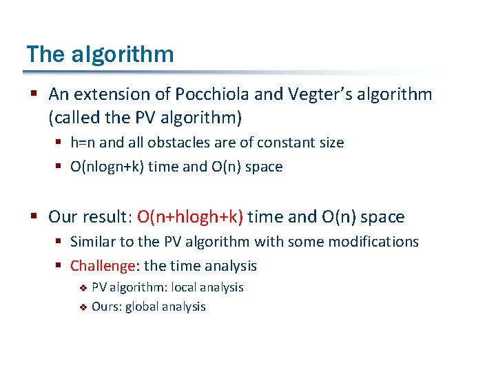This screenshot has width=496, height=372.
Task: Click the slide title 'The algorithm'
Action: pyautogui.click(x=100, y=54)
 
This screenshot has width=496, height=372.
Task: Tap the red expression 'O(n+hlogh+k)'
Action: pyautogui.click(x=190, y=218)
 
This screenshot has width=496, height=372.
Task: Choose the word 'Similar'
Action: pyautogui.click(x=93, y=242)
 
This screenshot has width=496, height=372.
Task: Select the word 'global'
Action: pyautogui.click(x=143, y=307)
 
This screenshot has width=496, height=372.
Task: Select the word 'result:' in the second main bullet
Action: pyautogui.click(x=107, y=218)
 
